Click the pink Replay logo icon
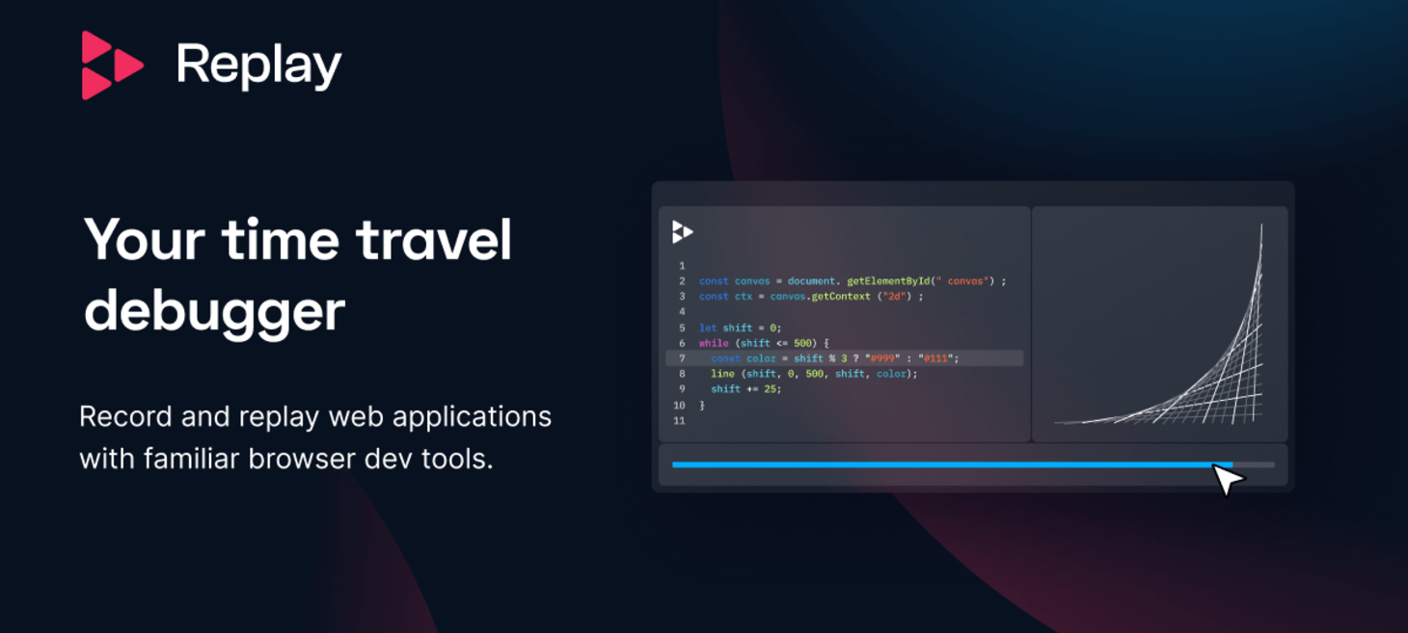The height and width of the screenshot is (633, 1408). (x=112, y=66)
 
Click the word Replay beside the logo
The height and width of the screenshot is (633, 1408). (x=259, y=66)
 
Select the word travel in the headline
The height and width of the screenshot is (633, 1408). (x=434, y=240)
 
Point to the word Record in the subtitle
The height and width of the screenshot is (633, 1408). (x=125, y=416)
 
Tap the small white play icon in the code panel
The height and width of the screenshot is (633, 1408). (x=682, y=232)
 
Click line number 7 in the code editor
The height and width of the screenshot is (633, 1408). (x=682, y=358)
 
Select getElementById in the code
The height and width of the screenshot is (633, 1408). (x=887, y=280)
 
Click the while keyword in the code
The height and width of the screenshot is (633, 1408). (x=714, y=343)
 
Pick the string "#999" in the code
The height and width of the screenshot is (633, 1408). (x=882, y=358)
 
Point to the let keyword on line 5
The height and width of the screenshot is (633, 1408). (x=708, y=328)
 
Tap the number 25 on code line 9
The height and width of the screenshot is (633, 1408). (x=770, y=389)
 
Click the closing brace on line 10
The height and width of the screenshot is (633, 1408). (x=702, y=405)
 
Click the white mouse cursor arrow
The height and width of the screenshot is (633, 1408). (x=1227, y=479)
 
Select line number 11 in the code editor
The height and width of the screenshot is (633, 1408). (x=679, y=421)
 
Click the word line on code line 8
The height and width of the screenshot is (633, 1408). (x=723, y=374)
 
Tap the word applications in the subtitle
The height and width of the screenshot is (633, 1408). (x=472, y=417)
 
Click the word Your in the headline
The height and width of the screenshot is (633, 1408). (x=145, y=240)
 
